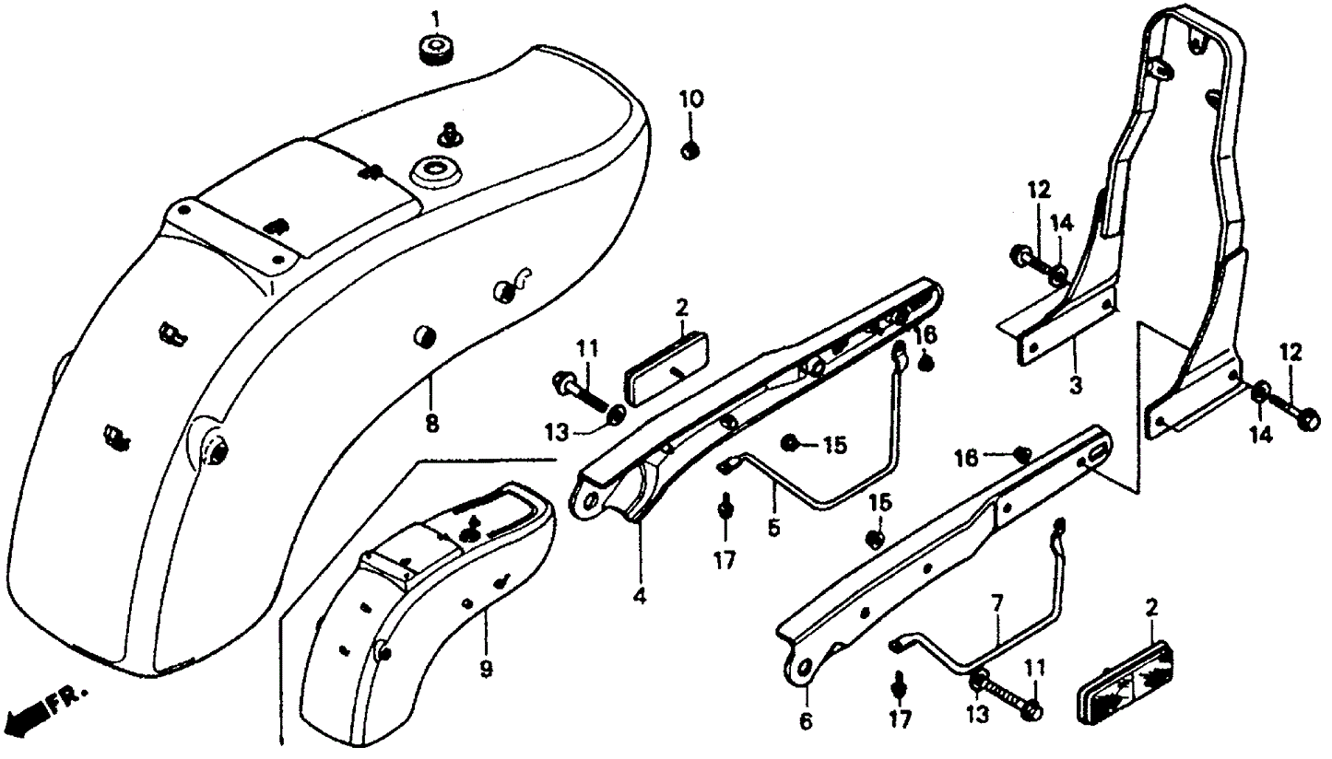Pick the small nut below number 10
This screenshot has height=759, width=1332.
point(690,150)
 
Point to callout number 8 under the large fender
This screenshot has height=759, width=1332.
point(431,425)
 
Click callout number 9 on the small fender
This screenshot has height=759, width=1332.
point(485,670)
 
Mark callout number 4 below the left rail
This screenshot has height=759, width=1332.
point(639,596)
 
